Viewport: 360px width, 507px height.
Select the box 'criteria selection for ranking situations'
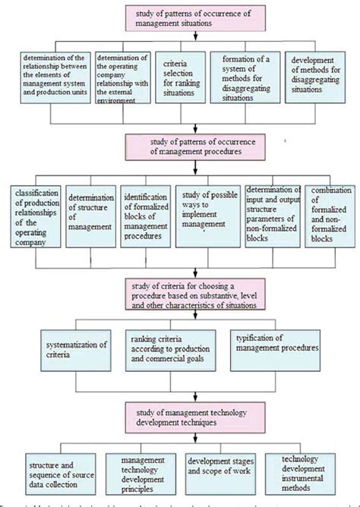(179, 75)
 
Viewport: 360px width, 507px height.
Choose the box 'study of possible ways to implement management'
(207, 216)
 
